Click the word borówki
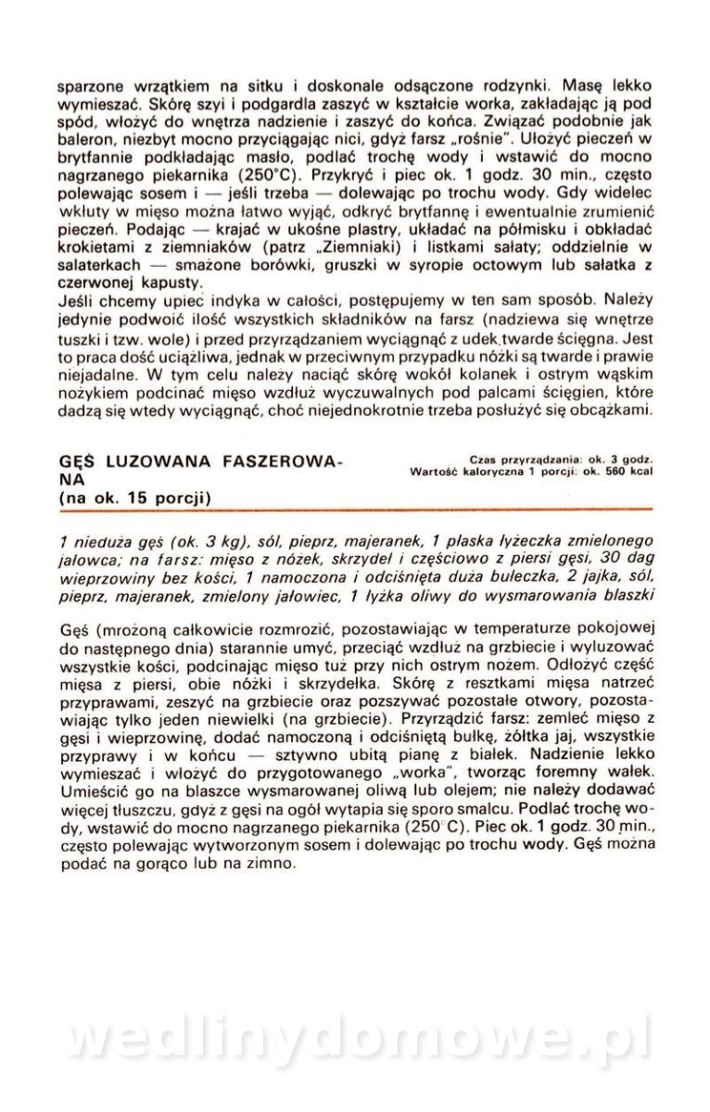tap(272, 265)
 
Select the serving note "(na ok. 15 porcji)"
tap(135, 498)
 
